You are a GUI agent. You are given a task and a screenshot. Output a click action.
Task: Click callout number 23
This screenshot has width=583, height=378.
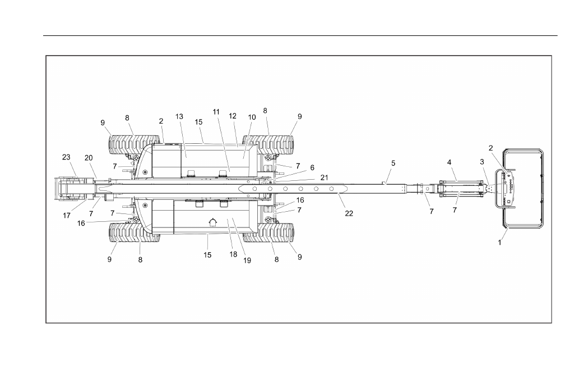click(x=66, y=157)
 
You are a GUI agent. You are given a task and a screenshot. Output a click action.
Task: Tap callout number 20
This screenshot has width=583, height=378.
click(x=89, y=158)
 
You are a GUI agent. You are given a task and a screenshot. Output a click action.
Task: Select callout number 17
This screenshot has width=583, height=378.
click(x=67, y=215)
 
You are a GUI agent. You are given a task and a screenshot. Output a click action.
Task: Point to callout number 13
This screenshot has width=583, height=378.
click(x=179, y=117)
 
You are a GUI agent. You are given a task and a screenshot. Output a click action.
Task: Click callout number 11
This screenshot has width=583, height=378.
click(x=216, y=112)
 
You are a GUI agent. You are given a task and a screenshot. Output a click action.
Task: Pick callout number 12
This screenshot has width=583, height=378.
click(x=233, y=116)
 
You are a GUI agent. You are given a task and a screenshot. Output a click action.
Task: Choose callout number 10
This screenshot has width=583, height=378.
click(x=252, y=117)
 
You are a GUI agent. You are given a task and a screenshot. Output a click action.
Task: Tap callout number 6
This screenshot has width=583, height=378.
click(x=312, y=168)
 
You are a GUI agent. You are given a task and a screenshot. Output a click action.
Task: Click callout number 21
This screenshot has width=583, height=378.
click(x=324, y=177)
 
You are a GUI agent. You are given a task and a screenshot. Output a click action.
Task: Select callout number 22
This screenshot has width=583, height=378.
click(x=349, y=213)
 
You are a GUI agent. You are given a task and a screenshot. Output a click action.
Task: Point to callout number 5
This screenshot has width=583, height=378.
click(x=394, y=163)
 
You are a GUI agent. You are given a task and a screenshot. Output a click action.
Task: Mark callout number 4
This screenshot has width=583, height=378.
click(x=449, y=162)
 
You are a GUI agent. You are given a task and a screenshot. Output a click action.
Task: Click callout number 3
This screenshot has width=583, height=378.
click(x=482, y=162)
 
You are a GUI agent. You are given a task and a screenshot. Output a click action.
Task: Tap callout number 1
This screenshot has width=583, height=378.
click(x=499, y=243)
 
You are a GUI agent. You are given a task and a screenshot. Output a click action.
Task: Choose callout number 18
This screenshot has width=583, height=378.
click(x=233, y=254)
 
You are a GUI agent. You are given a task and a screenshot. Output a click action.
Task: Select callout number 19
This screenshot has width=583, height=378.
click(x=247, y=261)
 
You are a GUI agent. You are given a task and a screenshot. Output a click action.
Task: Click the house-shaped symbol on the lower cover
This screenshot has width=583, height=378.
click(x=212, y=222)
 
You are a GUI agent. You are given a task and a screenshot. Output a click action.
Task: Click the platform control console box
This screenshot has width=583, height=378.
click(x=505, y=189)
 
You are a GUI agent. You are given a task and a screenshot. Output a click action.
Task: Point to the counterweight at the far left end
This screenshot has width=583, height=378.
click(x=71, y=189)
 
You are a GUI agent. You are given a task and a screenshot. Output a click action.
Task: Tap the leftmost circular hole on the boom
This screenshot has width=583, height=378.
click(x=255, y=189)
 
